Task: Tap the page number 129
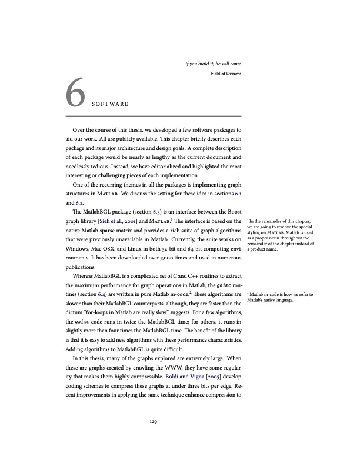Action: (x=153, y=421)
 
